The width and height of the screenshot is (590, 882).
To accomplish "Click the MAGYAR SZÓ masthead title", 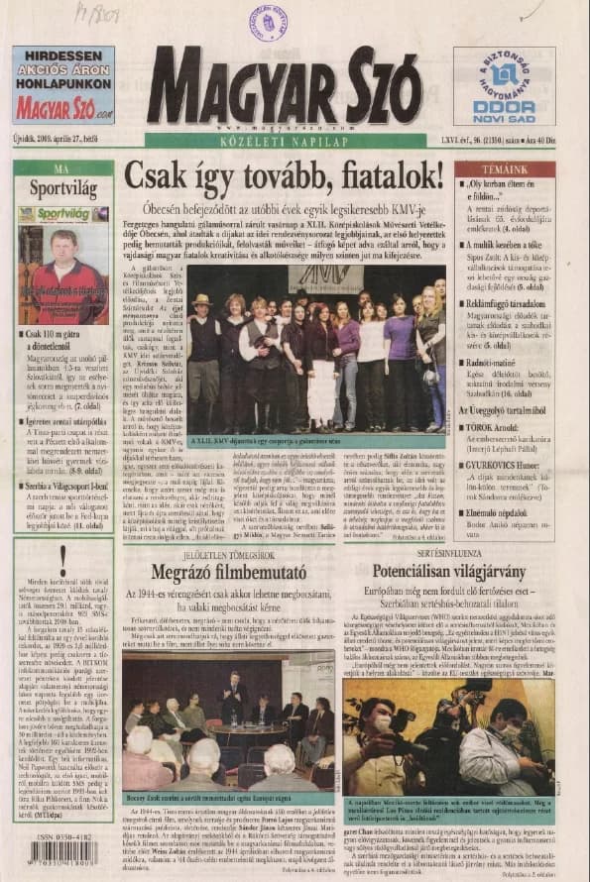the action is pos(287,87).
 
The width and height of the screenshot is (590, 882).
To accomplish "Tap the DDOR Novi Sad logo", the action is pos(504,86).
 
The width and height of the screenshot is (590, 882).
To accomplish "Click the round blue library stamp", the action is pos(268,21).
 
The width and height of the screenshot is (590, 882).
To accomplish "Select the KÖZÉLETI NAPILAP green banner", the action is pos(287,140).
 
